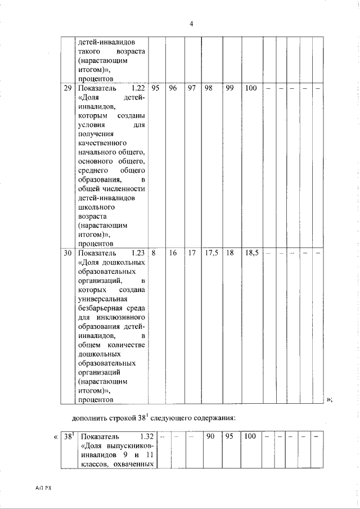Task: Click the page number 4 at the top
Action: click(191, 24)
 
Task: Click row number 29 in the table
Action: click(67, 88)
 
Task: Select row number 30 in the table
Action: click(67, 253)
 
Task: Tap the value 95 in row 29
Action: click(156, 88)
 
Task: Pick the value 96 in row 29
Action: click(173, 88)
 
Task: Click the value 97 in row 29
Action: click(191, 88)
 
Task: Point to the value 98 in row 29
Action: click(209, 88)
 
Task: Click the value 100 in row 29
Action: click(251, 88)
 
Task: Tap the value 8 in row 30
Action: click(153, 253)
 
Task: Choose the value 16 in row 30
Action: click(173, 253)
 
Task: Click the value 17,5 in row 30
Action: click(211, 253)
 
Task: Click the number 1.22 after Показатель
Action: click(138, 88)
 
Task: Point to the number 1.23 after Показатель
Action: click(138, 253)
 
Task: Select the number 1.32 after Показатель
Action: click(146, 436)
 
